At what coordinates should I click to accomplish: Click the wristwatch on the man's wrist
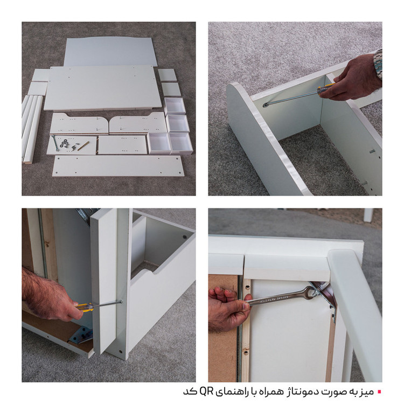point(378,64)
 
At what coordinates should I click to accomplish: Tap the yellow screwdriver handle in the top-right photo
point(326,88)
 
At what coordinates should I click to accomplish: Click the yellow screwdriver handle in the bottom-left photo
point(85,307)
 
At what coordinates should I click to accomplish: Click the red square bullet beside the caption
point(379,392)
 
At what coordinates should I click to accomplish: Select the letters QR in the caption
point(207,392)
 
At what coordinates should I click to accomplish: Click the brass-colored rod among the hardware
point(83,146)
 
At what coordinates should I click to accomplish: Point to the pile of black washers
point(64,143)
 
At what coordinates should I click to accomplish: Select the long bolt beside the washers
point(55,143)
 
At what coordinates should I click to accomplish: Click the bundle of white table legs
point(31,129)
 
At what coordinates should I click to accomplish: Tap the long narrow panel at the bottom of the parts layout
point(119,166)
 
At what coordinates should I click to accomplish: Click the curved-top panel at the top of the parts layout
point(110,52)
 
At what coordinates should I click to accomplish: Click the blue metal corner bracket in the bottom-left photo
point(82,334)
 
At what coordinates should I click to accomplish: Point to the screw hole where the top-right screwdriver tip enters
point(265,105)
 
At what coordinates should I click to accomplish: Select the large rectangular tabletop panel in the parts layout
point(102,88)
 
